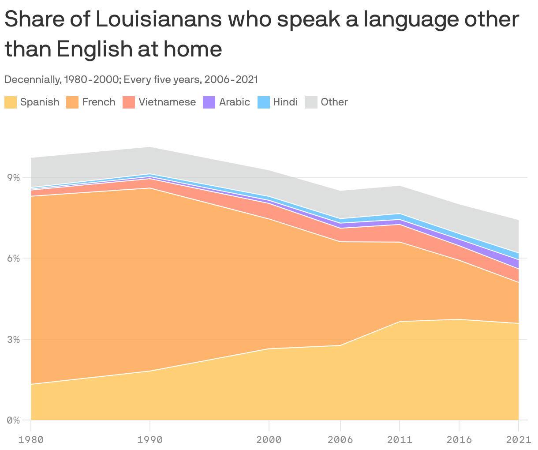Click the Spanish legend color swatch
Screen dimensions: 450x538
pos(11,102)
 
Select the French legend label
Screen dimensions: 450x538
pos(98,102)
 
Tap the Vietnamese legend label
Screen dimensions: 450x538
pos(167,102)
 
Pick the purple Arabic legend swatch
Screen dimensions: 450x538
pos(209,102)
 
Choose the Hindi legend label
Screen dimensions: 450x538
pos(285,102)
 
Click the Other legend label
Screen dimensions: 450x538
pos(334,102)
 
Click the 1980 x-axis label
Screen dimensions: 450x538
pos(31,439)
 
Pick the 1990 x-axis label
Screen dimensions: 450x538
pos(150,439)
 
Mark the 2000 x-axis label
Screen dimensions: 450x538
pos(269,439)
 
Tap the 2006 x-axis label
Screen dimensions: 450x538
pos(340,439)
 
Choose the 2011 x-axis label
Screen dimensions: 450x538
pos(400,439)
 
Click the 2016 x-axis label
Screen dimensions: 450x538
pos(459,439)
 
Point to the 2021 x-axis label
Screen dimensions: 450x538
pos(519,439)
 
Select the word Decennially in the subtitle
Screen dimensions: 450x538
pos(32,80)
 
